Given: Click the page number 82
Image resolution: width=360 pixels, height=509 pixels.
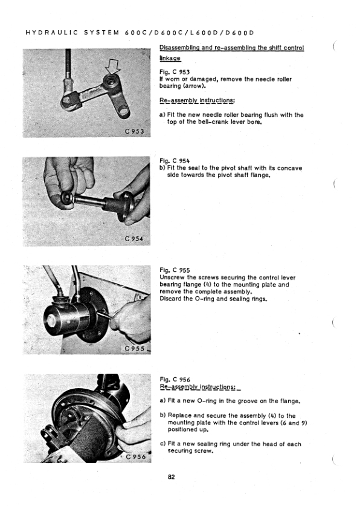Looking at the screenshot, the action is (172, 477).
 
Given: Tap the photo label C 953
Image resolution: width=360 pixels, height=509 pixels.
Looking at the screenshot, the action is (134, 131).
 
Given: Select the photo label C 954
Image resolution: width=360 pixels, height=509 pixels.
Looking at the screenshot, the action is (133, 239).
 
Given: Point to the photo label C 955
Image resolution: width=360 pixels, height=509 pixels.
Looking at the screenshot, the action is (135, 349).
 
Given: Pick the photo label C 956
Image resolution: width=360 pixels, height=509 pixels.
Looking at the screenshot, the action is (135, 457).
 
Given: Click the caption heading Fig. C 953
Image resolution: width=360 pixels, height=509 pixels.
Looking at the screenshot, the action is (175, 72).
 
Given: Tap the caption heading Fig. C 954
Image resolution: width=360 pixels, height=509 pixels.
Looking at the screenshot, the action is (175, 161).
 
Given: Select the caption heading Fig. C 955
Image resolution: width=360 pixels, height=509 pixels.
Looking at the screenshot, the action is (175, 270).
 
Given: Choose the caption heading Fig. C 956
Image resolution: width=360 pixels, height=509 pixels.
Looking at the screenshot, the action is (175, 380).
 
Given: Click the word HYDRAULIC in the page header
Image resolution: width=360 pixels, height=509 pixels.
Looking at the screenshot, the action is (51, 33).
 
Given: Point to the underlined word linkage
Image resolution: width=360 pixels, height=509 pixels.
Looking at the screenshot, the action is (170, 59).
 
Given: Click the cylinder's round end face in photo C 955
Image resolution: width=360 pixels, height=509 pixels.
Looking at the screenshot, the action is (53, 321).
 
